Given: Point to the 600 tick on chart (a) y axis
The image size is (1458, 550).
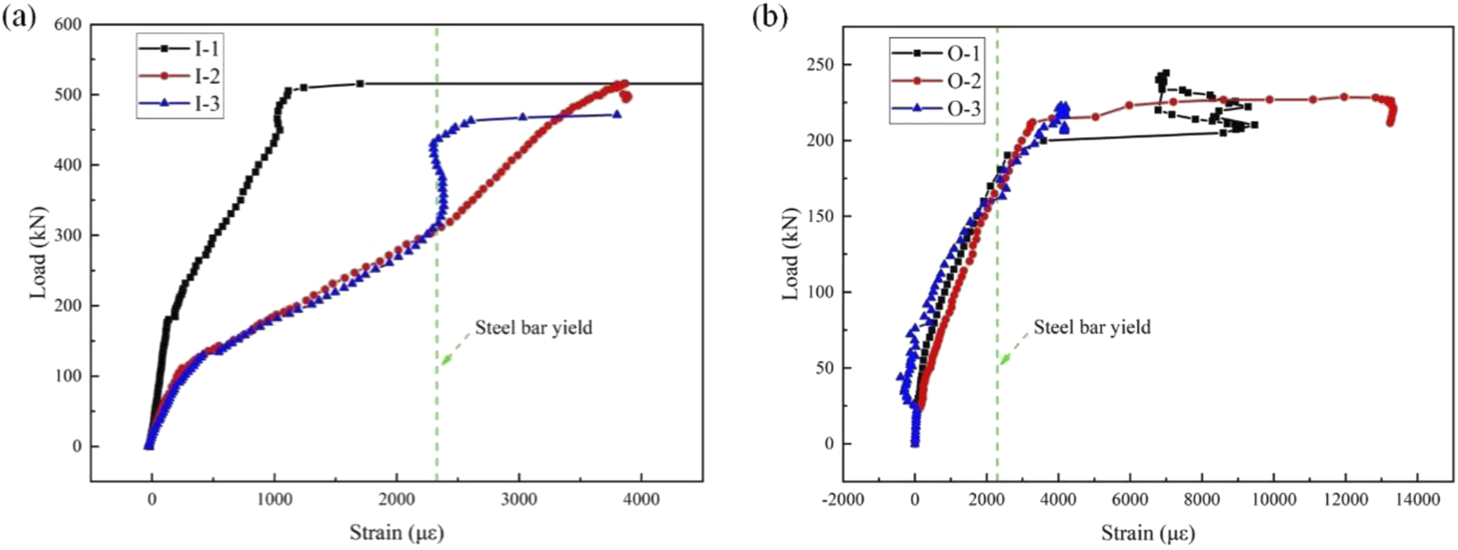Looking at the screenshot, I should point(67,25).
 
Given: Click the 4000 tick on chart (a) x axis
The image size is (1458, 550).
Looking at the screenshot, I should point(641,499).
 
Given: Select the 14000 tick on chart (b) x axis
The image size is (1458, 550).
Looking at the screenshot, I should point(1416,499).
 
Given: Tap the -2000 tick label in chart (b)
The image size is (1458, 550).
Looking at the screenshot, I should point(843,499).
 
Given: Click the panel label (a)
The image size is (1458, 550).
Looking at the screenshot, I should point(18,16).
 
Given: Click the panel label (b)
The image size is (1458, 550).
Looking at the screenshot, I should point(770,16).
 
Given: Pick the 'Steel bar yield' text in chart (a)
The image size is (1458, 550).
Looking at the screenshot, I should point(533,328).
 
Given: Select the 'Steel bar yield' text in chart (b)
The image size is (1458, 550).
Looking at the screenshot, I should point(1092,328).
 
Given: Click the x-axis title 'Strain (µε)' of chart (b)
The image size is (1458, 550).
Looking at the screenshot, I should point(1148,533).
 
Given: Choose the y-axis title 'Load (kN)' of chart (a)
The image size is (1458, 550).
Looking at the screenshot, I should point(38,253).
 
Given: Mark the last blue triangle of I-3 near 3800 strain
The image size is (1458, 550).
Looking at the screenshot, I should point(616,114).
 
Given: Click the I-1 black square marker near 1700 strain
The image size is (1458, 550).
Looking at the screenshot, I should point(360,83).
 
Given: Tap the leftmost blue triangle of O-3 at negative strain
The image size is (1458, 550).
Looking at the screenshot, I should point(900,377).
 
